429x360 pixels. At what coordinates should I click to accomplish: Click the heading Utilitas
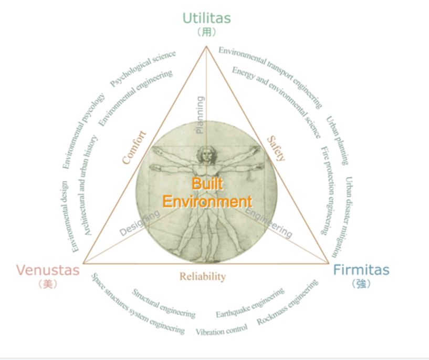click(206, 17)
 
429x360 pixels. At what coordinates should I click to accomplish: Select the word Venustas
click(48, 270)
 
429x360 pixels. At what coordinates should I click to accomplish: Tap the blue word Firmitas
click(361, 270)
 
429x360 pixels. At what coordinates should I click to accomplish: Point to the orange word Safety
click(276, 148)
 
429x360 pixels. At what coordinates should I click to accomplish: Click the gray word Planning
click(200, 115)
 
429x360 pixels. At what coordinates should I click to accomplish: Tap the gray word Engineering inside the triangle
click(268, 222)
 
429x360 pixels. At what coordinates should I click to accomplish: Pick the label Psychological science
click(143, 69)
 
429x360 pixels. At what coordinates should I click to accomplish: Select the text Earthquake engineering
click(250, 303)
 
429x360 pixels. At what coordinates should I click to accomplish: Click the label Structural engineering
click(163, 304)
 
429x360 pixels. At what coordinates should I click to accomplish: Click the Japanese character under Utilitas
click(206, 32)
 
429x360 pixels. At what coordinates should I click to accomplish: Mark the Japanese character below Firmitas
click(361, 284)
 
